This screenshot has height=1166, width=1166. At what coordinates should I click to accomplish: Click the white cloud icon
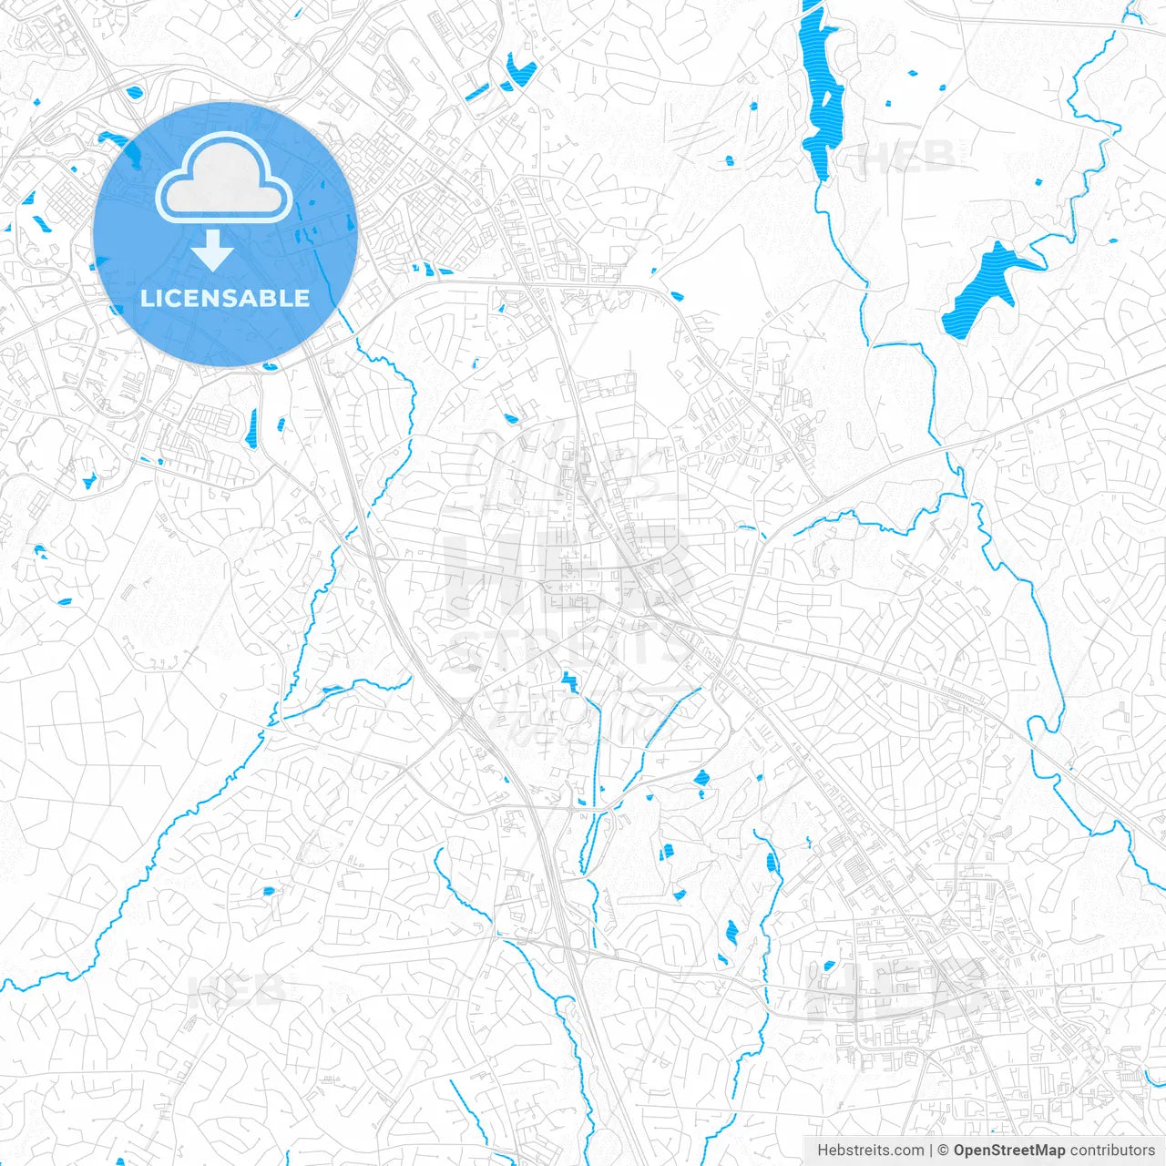click(224, 179)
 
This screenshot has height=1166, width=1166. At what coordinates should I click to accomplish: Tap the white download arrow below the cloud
click(212, 250)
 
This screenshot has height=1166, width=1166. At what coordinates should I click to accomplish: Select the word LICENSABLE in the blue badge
click(225, 298)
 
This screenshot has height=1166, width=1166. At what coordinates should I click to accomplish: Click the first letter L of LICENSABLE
click(147, 298)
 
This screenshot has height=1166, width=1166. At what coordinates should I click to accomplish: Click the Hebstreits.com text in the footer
click(870, 1151)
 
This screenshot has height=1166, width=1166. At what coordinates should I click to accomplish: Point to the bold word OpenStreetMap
click(1009, 1151)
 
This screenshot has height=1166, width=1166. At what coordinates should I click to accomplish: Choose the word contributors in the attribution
click(1112, 1151)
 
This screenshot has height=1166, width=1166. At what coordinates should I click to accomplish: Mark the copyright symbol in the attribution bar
click(944, 1151)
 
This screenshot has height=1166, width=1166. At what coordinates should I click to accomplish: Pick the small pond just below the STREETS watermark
click(569, 680)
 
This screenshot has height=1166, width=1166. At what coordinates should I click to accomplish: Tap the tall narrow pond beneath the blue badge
click(251, 428)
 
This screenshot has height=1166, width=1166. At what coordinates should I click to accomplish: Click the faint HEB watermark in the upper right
click(906, 158)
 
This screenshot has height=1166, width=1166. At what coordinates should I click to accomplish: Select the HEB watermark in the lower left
click(235, 991)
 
